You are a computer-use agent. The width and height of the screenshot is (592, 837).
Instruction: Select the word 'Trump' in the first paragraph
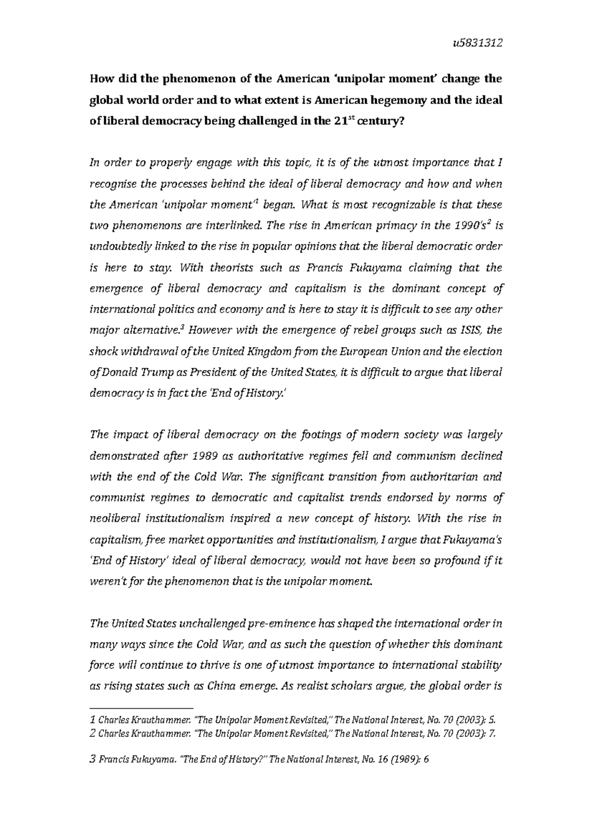[154, 373]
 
